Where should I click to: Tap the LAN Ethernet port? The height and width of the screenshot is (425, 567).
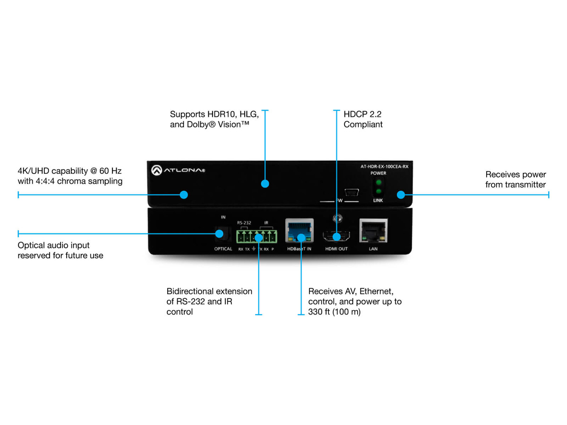pyautogui.click(x=373, y=231)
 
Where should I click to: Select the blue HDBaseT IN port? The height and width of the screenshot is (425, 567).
pyautogui.click(x=300, y=231)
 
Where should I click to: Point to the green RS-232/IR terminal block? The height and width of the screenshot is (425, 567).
pyautogui.click(x=258, y=235)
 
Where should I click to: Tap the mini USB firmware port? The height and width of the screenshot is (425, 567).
pyautogui.click(x=351, y=193)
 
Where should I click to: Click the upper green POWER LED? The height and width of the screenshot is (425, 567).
pyautogui.click(x=378, y=182)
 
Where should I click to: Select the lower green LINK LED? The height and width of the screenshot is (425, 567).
pyautogui.click(x=378, y=192)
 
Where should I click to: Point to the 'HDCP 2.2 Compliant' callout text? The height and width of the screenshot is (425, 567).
pyautogui.click(x=363, y=119)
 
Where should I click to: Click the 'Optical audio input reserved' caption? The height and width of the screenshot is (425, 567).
pyautogui.click(x=60, y=250)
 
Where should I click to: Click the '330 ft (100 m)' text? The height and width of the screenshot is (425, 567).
pyautogui.click(x=334, y=312)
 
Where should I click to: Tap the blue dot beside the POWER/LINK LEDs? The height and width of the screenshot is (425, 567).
pyautogui.click(x=401, y=195)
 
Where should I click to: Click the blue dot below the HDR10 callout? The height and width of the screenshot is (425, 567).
pyautogui.click(x=265, y=184)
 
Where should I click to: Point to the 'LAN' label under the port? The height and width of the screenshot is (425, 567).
pyautogui.click(x=373, y=249)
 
